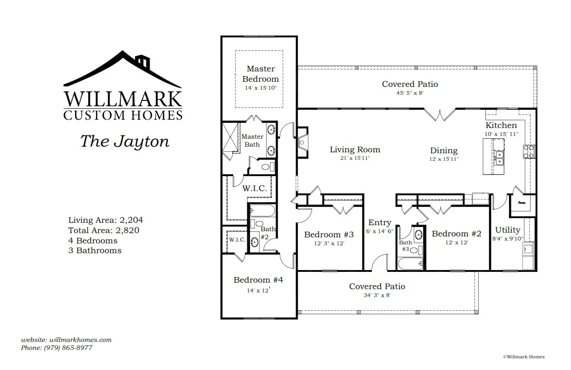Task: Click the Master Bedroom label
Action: click(x=260, y=74)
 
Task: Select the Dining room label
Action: click(x=444, y=150)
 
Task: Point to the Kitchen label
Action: click(x=501, y=125)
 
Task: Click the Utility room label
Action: click(x=508, y=230)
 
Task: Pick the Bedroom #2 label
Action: click(x=456, y=234)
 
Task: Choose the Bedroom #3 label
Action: click(x=329, y=234)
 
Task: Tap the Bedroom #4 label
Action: click(x=258, y=280)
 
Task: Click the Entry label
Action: click(x=380, y=222)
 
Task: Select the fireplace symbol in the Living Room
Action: click(x=302, y=141)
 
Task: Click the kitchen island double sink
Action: click(x=498, y=157)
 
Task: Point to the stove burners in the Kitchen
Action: click(x=529, y=152)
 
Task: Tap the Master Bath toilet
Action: click(x=265, y=166)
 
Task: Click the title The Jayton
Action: click(x=125, y=141)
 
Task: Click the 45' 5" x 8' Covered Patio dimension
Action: click(x=410, y=93)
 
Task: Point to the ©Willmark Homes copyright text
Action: click(x=523, y=356)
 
